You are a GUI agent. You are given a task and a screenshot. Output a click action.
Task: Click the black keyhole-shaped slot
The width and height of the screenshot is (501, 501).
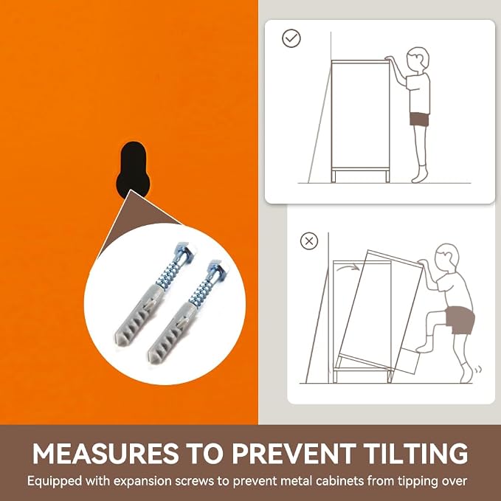point(134,170)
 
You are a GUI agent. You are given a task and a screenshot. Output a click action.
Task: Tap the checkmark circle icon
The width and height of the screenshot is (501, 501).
point(291,38)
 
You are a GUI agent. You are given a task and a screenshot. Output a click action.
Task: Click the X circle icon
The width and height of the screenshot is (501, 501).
point(309,241)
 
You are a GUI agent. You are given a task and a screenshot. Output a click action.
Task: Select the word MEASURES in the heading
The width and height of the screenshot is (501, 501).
point(105,453)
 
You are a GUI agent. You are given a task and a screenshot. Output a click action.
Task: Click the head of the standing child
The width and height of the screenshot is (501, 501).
point(418,60)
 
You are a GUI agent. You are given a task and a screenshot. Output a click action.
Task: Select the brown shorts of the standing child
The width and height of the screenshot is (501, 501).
point(420,120)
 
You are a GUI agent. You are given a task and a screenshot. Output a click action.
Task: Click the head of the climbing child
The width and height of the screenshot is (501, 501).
point(448,258)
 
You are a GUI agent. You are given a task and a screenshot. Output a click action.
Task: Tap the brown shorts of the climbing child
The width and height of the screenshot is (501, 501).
point(460,320)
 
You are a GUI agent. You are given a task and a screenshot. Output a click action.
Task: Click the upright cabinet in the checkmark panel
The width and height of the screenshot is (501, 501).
point(360,121)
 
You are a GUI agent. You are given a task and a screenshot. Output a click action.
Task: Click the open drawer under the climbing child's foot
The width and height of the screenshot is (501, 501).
point(408,361)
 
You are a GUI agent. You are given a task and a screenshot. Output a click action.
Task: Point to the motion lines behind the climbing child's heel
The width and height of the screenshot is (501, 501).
point(477,370)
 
